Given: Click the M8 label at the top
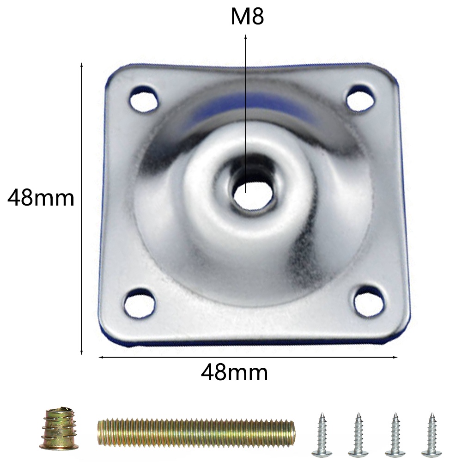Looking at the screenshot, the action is pos(247,17).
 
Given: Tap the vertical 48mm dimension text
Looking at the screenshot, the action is pos(41,198).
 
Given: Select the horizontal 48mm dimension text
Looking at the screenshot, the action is pos(235,372).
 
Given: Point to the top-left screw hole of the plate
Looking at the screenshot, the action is pos(144,99).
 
